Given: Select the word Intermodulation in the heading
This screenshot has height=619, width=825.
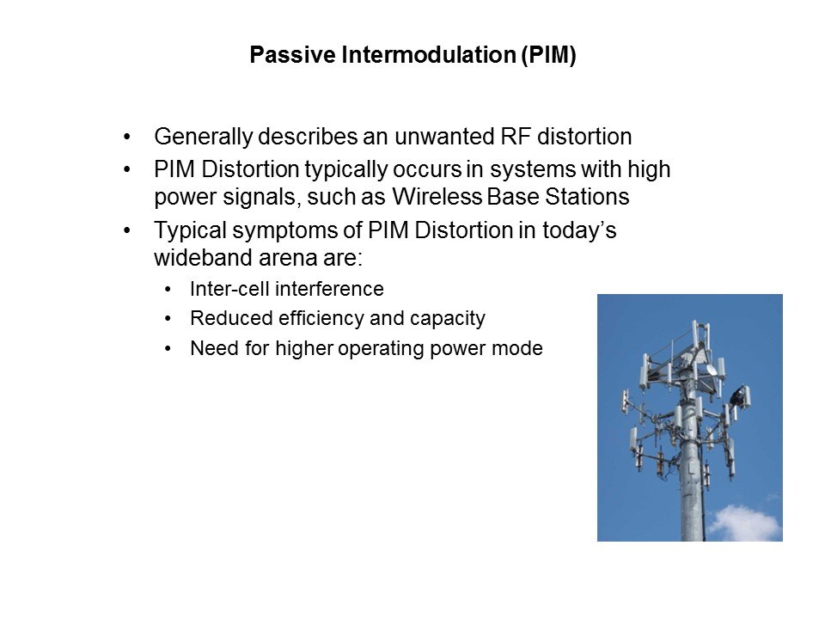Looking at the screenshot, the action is [428, 55].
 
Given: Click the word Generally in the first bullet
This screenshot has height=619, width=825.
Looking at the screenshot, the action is [204, 137].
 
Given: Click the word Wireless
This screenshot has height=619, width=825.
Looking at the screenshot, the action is [437, 197].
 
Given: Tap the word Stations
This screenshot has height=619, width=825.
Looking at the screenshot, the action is [587, 197].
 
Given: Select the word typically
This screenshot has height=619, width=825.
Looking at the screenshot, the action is [345, 170].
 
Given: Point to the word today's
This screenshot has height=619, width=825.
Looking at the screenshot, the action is [579, 230].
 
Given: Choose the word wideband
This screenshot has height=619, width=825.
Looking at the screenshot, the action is [203, 258].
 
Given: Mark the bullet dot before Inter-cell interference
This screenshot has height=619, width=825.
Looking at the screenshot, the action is [168, 290].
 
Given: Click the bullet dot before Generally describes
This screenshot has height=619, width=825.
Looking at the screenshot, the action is [127, 138].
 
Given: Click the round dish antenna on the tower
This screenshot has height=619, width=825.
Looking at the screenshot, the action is [711, 370].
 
